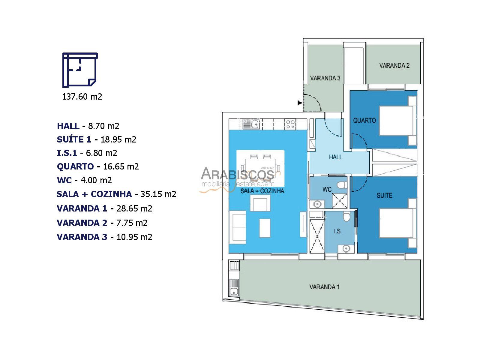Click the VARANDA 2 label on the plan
click(394, 65)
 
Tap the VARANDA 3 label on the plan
click(325, 78)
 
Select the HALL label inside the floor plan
click(335, 157)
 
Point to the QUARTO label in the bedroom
click(364, 120)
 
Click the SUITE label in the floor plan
click(384, 195)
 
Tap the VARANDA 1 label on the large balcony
click(324, 287)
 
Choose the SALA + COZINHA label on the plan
click(262, 191)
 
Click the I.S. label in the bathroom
click(337, 231)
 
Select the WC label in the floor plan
click(327, 189)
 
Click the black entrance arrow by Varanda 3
click(300, 103)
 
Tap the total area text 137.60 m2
click(82, 96)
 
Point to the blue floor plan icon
click(80, 70)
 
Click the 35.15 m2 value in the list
click(158, 194)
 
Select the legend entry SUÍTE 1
click(74, 139)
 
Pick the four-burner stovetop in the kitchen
click(290, 124)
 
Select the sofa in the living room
click(238, 227)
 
